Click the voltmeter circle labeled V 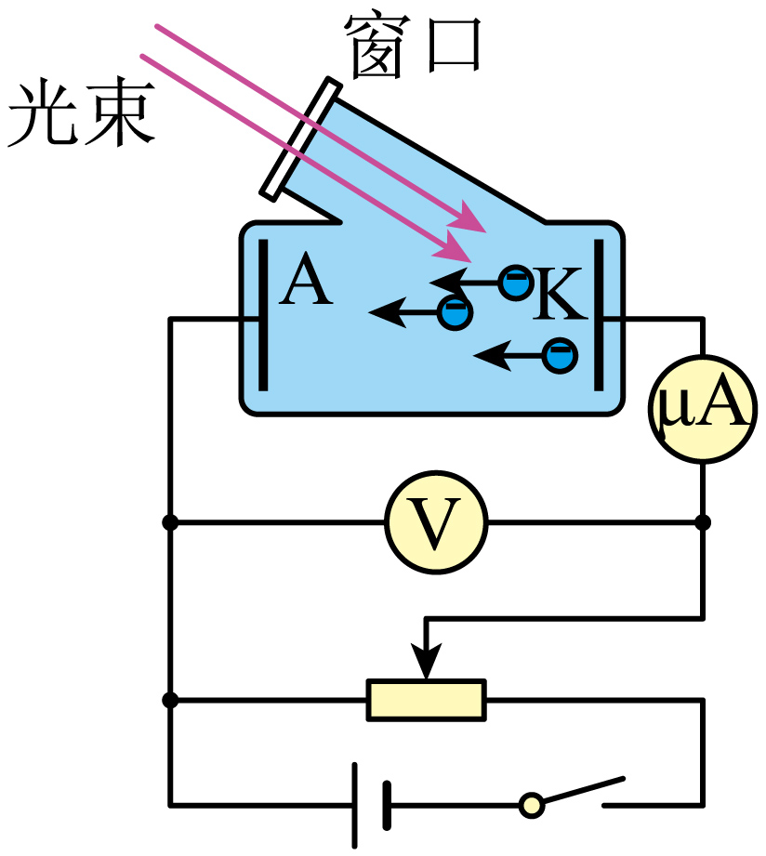pos(436,522)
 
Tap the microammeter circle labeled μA pos(702,409)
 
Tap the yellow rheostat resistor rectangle pos(427,700)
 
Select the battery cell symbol pos(371,804)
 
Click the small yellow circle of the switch pos(531,804)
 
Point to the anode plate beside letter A pos(263,315)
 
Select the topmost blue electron pos(516,281)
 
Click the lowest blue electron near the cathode pos(560,355)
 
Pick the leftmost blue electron pos(455,312)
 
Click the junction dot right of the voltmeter pos(703,522)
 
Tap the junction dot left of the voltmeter pos(170,522)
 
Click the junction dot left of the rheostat pos(170,700)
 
